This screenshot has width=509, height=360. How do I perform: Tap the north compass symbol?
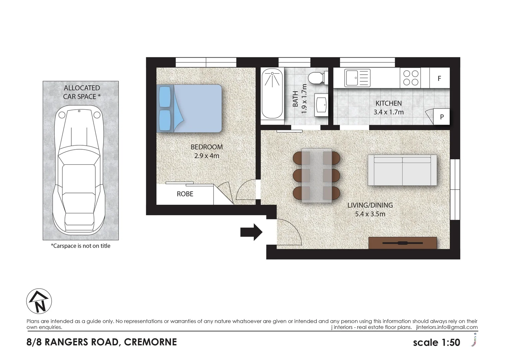[x=39, y=301]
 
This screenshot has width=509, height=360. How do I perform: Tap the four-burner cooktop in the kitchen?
[x=411, y=78]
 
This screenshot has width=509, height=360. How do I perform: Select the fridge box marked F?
[x=439, y=78]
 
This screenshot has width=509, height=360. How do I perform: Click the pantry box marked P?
[x=442, y=117]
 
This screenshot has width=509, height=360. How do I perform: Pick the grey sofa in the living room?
[x=402, y=170]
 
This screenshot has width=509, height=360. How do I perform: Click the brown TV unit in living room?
[x=402, y=243]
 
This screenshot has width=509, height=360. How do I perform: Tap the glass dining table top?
[x=316, y=175]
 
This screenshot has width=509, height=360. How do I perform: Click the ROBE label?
[x=185, y=194]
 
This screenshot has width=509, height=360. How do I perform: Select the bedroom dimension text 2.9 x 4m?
[x=207, y=156]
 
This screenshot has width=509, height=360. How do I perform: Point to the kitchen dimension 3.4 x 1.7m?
[x=388, y=112]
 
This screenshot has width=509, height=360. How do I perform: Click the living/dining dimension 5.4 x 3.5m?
[x=370, y=214]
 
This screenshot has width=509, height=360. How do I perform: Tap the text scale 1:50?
[x=436, y=342]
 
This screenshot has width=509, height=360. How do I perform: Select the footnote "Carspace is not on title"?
[x=80, y=246]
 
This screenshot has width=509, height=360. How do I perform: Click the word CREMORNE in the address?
[x=150, y=342]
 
